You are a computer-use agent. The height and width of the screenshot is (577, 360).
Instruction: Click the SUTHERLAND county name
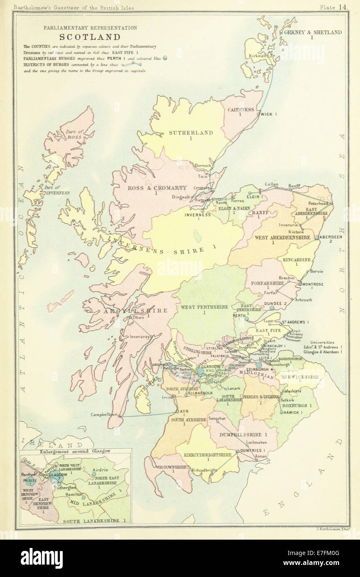[191, 133]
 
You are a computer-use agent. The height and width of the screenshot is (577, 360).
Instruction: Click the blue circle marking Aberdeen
[316, 237]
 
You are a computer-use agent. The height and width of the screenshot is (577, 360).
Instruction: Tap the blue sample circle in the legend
[165, 58]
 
